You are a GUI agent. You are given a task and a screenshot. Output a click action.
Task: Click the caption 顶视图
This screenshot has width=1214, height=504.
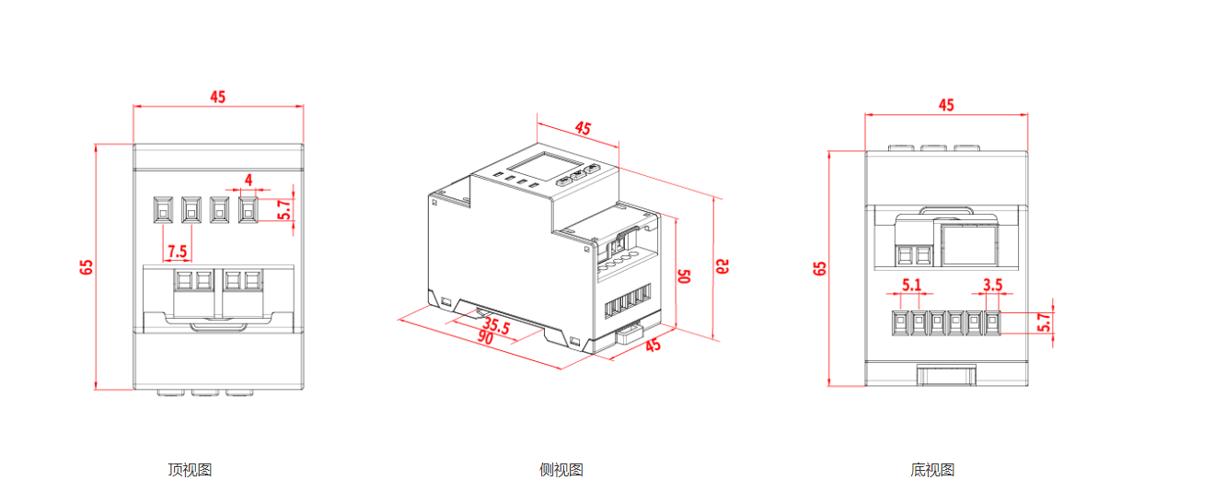(190, 470)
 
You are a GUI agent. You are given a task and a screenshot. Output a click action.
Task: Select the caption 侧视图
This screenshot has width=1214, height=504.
(561, 470)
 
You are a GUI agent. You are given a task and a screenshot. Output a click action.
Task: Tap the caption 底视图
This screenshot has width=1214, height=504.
(932, 470)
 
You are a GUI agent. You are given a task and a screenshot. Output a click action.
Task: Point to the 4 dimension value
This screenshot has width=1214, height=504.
(248, 179)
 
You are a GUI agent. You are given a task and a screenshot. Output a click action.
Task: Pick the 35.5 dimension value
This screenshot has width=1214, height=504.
(497, 325)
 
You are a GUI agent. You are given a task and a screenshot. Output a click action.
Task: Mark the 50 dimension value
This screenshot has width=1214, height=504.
(684, 276)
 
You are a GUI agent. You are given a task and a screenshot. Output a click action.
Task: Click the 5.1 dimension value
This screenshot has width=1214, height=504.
(911, 285)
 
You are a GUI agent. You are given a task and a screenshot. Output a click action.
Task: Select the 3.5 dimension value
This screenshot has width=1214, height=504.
(992, 285)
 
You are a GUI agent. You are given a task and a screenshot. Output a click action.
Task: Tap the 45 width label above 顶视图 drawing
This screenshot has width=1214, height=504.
(218, 97)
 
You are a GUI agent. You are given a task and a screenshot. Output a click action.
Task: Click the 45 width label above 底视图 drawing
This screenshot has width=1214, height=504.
(946, 105)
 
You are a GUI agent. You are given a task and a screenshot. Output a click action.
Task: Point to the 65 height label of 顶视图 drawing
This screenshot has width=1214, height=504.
(87, 267)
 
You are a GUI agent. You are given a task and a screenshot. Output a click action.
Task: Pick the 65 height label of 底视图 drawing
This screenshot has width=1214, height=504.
(820, 268)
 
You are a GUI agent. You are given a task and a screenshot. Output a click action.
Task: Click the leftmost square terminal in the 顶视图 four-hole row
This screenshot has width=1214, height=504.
(163, 210)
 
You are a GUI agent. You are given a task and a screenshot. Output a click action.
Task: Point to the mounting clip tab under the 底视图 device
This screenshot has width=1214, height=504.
(946, 375)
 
